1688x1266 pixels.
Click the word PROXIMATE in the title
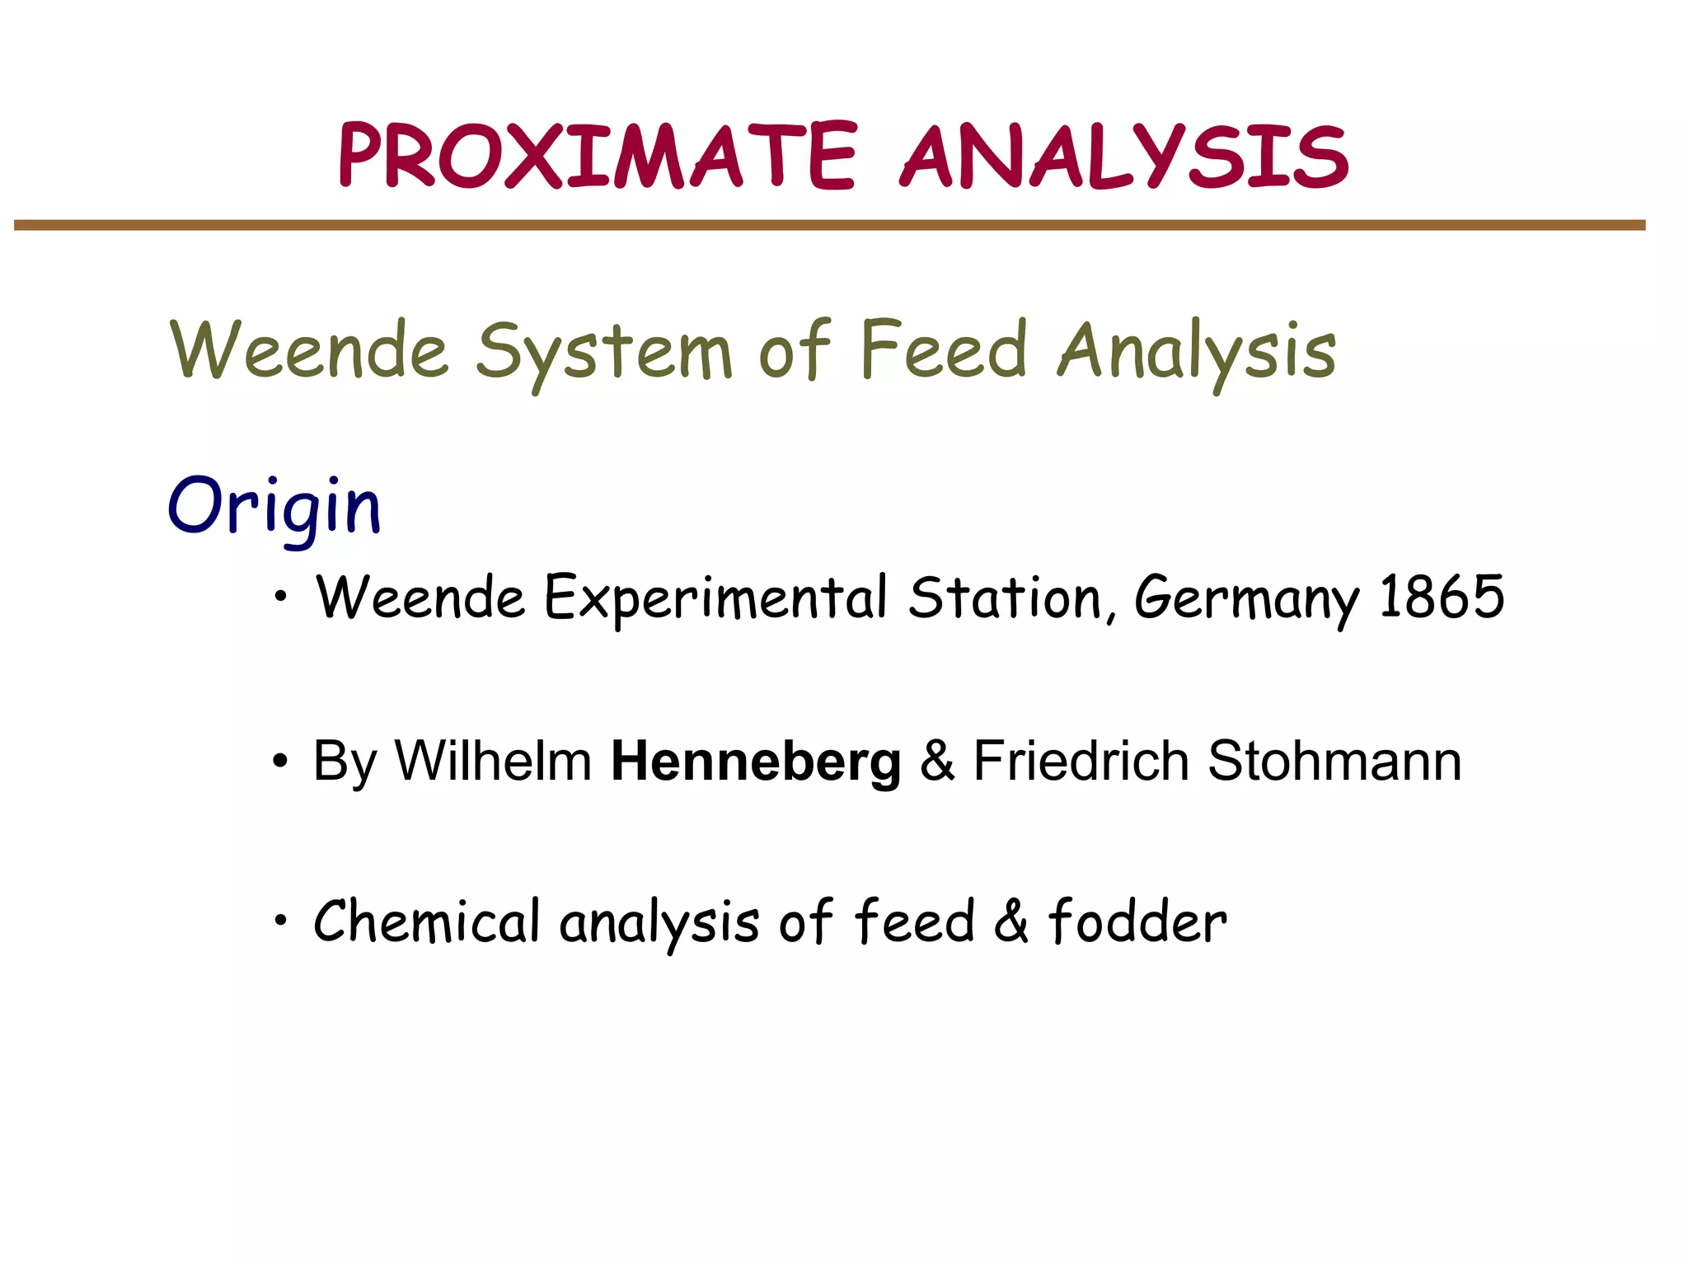point(598,157)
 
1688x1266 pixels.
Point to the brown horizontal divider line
point(829,225)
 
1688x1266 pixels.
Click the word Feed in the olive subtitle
point(943,350)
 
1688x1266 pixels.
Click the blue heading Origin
point(274,507)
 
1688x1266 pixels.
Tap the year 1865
point(1442,597)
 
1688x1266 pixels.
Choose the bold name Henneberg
point(756,762)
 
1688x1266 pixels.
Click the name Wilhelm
point(493,760)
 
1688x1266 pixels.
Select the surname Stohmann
point(1334,760)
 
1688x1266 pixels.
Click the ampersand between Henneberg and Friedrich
point(937,761)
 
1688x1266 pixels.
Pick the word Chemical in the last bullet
point(426,921)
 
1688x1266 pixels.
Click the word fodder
point(1137,921)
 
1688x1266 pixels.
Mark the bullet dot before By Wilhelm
point(281,762)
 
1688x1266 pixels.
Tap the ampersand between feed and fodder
point(1011,922)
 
